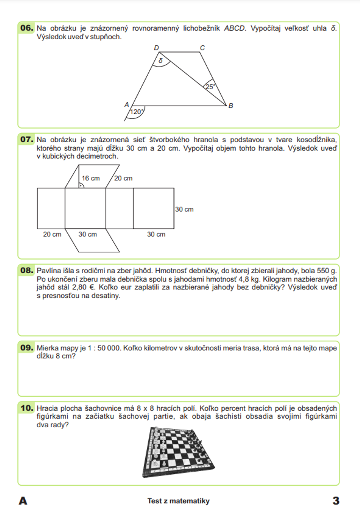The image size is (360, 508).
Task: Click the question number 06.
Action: [x=27, y=28]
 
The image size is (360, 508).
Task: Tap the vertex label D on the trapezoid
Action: [x=156, y=48]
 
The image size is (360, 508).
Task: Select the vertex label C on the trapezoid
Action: [x=202, y=48]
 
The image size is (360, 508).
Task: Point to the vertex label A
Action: [x=127, y=104]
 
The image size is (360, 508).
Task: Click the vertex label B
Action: [x=231, y=105]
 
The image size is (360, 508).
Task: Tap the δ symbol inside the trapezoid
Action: [x=161, y=61]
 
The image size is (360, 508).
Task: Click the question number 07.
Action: [x=27, y=139]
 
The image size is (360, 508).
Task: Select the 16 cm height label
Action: [x=91, y=178]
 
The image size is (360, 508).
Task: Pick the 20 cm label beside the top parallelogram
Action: [x=123, y=178]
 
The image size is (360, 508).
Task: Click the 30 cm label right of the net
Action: [x=184, y=209]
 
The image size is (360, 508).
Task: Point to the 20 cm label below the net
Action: [x=52, y=234]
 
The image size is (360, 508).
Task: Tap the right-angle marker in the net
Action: [x=81, y=185]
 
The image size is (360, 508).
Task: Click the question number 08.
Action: [x=27, y=270]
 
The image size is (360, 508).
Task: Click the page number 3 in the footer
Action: [x=336, y=500]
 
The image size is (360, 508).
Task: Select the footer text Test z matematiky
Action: [x=178, y=501]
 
